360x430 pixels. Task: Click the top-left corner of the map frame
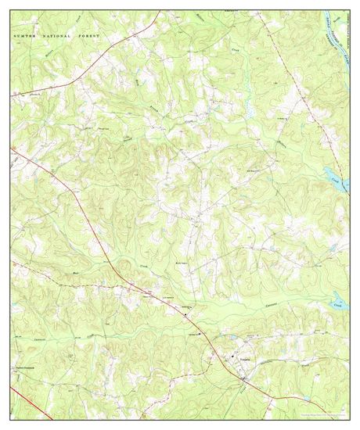tap(11, 11)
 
